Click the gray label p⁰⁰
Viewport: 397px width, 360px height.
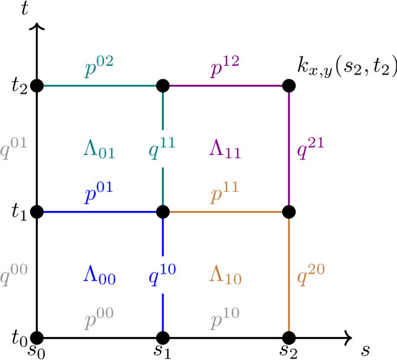tap(99, 320)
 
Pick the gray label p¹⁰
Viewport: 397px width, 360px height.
tap(225, 320)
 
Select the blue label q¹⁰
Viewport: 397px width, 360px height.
tap(163, 273)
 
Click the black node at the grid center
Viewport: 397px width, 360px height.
tap(163, 212)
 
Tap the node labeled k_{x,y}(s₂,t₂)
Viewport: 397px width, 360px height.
tap(288, 86)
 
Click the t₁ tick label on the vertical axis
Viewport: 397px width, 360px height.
tap(19, 212)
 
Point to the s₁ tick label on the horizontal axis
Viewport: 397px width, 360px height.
tap(163, 351)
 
